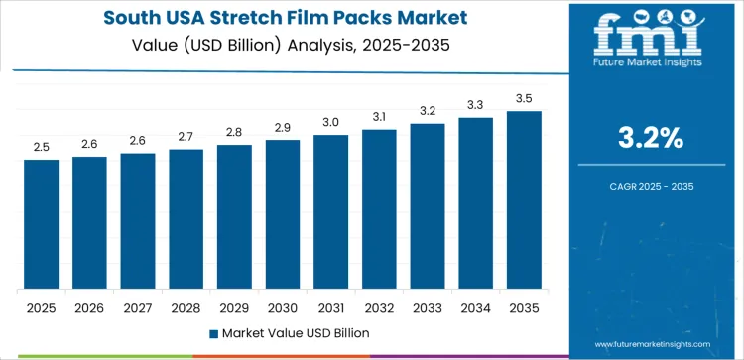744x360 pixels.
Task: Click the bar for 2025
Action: click(42, 224)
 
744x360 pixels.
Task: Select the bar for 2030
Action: click(283, 214)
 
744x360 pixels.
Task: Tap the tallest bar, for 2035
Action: click(524, 200)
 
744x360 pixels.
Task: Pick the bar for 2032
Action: click(379, 209)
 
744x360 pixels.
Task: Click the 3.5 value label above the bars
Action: click(524, 99)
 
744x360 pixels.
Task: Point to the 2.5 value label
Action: click(42, 147)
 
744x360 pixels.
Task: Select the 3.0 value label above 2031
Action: click(330, 122)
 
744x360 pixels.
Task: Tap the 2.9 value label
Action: click(283, 128)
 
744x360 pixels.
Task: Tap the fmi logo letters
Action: click(651, 35)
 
